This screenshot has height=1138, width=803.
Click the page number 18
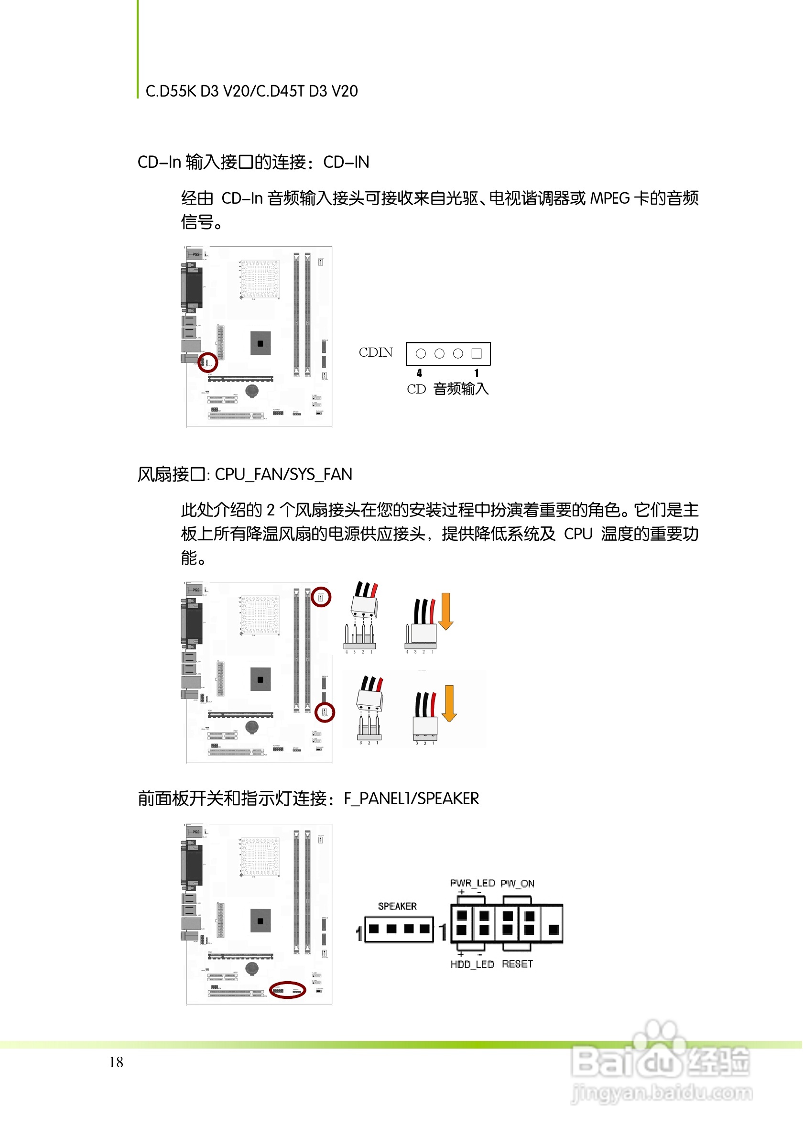[117, 1062]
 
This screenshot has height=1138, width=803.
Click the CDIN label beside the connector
[376, 352]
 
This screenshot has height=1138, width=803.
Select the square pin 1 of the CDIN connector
[477, 353]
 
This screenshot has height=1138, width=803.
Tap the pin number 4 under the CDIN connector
[420, 373]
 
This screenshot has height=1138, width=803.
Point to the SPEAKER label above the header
[397, 907]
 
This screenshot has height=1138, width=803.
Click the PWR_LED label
[473, 883]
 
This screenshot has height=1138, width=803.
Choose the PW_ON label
[517, 884]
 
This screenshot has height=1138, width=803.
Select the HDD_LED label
[472, 964]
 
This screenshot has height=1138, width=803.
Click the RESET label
[518, 964]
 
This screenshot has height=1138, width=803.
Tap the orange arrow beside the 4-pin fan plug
[446, 611]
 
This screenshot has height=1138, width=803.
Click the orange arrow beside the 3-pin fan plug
[449, 703]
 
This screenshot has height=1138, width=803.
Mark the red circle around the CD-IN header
[207, 362]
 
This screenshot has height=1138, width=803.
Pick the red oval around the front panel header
[288, 990]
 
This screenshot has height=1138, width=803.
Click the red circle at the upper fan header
[321, 597]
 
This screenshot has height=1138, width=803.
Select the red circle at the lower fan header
[325, 713]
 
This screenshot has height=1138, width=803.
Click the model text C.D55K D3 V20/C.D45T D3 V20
[251, 91]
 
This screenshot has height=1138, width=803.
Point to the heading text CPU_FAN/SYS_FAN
[283, 475]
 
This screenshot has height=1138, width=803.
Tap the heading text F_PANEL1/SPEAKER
[411, 799]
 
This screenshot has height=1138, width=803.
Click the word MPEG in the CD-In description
[610, 199]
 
